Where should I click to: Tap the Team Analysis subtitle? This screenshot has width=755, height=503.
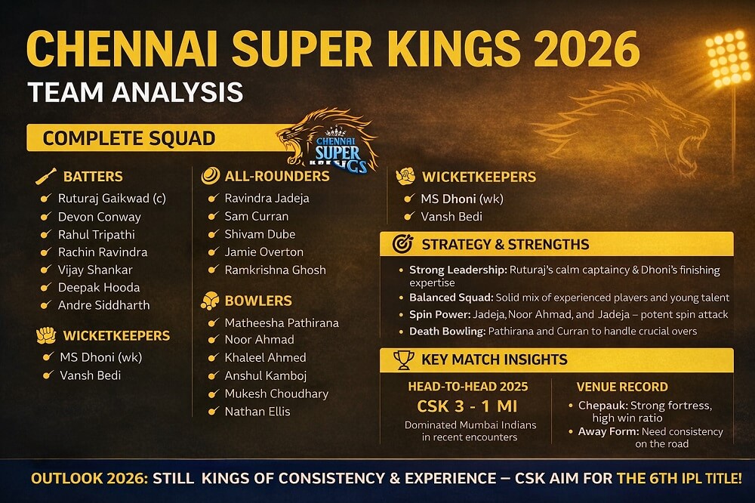click(x=135, y=92)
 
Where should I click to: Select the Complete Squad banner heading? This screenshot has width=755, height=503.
click(x=128, y=138)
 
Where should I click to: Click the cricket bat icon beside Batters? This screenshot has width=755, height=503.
click(x=45, y=177)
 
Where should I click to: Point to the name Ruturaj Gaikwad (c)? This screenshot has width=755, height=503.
click(x=112, y=199)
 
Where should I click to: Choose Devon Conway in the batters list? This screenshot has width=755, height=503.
click(x=99, y=217)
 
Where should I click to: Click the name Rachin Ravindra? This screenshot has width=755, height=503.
click(x=103, y=252)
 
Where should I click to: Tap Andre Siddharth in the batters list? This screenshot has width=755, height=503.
click(x=103, y=305)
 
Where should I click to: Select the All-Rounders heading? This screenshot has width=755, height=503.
click(x=277, y=176)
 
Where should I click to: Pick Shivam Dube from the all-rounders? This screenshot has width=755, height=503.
click(x=260, y=234)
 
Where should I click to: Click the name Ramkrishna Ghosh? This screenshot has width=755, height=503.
click(x=275, y=270)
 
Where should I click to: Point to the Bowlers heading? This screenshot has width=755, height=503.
click(x=257, y=301)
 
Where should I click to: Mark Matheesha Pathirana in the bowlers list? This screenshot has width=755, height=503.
click(x=282, y=322)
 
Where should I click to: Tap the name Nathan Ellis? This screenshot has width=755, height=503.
click(x=257, y=412)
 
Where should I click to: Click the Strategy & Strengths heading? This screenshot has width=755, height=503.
click(x=505, y=245)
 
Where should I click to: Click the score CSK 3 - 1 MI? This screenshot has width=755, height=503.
click(x=467, y=406)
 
